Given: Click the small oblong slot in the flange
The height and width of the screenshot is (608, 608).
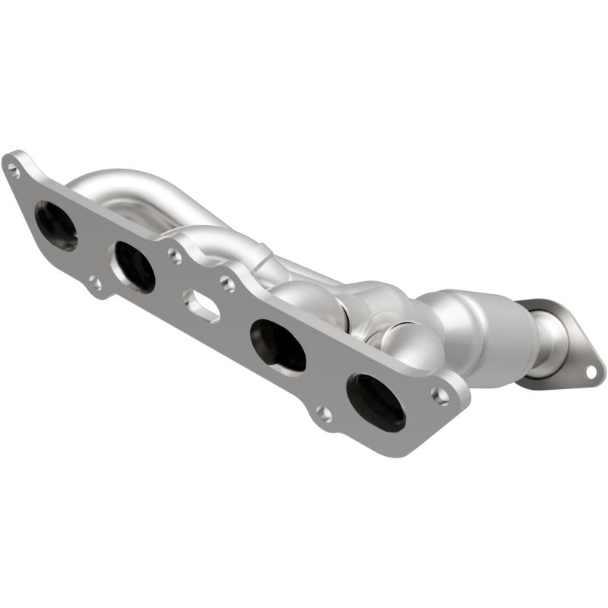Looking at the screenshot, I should click(x=202, y=306).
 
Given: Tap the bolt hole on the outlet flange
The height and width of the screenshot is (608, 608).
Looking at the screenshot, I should click(x=591, y=372).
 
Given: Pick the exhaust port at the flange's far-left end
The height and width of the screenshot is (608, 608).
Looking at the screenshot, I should click(x=56, y=226).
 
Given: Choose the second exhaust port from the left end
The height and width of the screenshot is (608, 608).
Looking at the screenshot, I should click(x=134, y=267).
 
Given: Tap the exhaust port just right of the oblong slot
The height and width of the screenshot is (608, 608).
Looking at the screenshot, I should click(x=278, y=345).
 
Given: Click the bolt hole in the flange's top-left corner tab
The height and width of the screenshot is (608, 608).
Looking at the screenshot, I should click(x=13, y=170).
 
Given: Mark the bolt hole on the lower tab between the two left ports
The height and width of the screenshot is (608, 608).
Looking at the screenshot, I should click(x=94, y=284).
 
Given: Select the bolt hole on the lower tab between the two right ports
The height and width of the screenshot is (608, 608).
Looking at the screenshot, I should click(x=323, y=413).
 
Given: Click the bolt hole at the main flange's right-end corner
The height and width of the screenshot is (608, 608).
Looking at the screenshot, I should click(x=442, y=394).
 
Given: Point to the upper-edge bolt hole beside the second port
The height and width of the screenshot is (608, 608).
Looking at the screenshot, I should click(x=174, y=256).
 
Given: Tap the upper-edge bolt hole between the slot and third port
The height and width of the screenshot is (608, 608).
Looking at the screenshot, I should click(x=227, y=283).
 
